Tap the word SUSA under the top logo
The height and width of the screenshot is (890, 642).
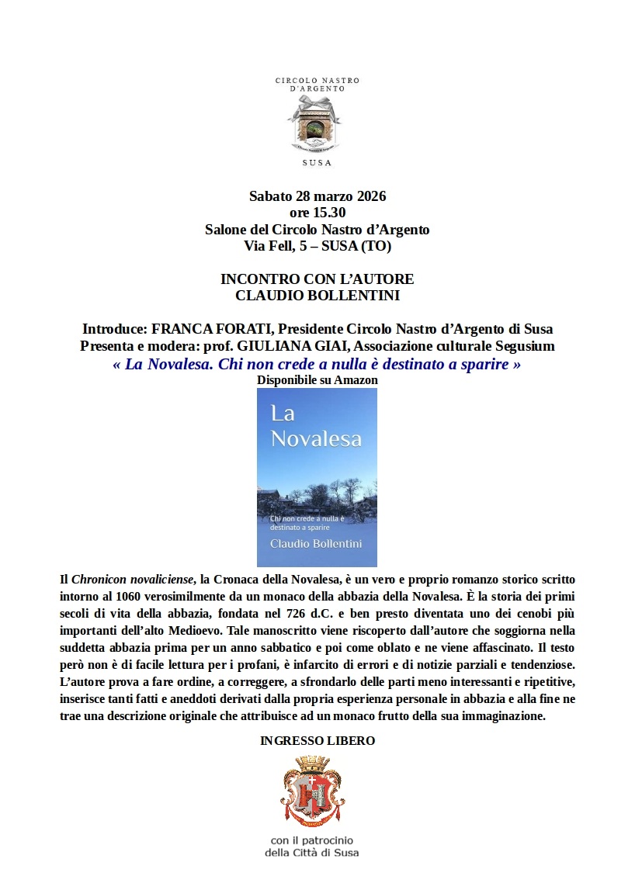[317, 163]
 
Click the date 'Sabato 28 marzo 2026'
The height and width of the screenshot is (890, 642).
[317, 196]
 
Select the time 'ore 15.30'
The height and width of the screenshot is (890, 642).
[317, 213]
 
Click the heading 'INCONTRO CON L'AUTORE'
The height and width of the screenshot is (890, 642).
[317, 279]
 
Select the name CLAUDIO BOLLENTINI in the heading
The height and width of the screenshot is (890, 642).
[317, 296]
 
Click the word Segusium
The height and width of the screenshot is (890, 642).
[524, 346]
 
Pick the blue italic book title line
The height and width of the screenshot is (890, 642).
[317, 364]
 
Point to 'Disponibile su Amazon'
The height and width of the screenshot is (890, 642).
[317, 380]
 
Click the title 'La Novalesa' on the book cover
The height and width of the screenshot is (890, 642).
[316, 426]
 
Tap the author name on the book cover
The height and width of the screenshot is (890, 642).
[315, 544]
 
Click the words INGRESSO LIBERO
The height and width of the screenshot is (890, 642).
[317, 741]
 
